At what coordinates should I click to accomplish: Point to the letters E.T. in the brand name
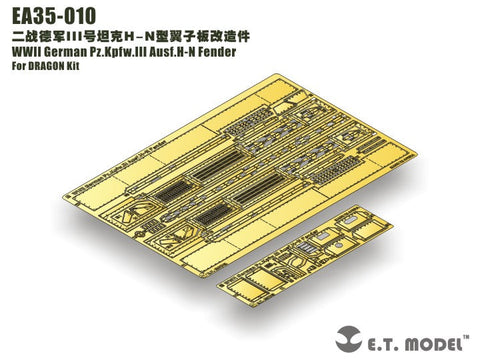click(x=393, y=338)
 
